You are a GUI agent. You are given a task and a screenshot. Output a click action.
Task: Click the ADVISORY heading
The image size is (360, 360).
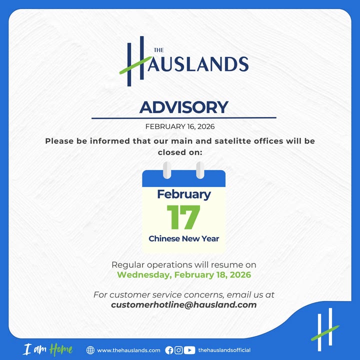[x=183, y=107]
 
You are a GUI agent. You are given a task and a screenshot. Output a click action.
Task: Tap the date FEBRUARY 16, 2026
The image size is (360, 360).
[x=180, y=126]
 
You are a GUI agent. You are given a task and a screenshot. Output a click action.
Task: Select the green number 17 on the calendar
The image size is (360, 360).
[x=183, y=217]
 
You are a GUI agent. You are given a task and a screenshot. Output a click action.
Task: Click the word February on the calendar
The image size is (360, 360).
[x=184, y=194]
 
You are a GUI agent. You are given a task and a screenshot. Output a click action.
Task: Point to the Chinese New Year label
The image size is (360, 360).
[x=184, y=238]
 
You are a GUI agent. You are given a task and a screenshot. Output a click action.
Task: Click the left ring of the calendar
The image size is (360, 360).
[x=167, y=170]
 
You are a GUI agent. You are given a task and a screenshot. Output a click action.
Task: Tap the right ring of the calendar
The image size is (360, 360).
[x=200, y=170]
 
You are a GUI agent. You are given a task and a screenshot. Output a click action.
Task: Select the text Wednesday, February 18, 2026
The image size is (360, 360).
[x=184, y=275]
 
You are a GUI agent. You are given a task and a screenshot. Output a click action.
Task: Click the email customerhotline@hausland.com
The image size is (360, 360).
[x=184, y=304]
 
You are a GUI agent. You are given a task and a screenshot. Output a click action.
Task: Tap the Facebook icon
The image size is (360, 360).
[x=169, y=350]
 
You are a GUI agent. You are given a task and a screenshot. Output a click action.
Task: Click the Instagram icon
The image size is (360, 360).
[x=178, y=350]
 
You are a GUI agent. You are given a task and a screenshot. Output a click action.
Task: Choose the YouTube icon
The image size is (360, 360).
[x=189, y=350]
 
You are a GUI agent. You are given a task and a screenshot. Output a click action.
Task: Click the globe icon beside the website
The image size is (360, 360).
[x=90, y=350]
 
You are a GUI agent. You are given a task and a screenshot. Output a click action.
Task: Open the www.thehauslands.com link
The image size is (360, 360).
[x=128, y=350]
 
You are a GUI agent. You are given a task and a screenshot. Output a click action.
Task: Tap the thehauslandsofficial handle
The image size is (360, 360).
[x=224, y=350]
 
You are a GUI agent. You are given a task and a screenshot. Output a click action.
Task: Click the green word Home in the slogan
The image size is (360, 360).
[x=61, y=349]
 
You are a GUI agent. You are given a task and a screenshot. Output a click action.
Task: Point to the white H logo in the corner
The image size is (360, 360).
[x=325, y=329]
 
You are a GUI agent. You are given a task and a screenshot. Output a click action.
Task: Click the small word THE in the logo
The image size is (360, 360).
[x=159, y=50]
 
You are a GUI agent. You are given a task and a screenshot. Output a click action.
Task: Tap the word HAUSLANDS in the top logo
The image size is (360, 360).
[x=198, y=64]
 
